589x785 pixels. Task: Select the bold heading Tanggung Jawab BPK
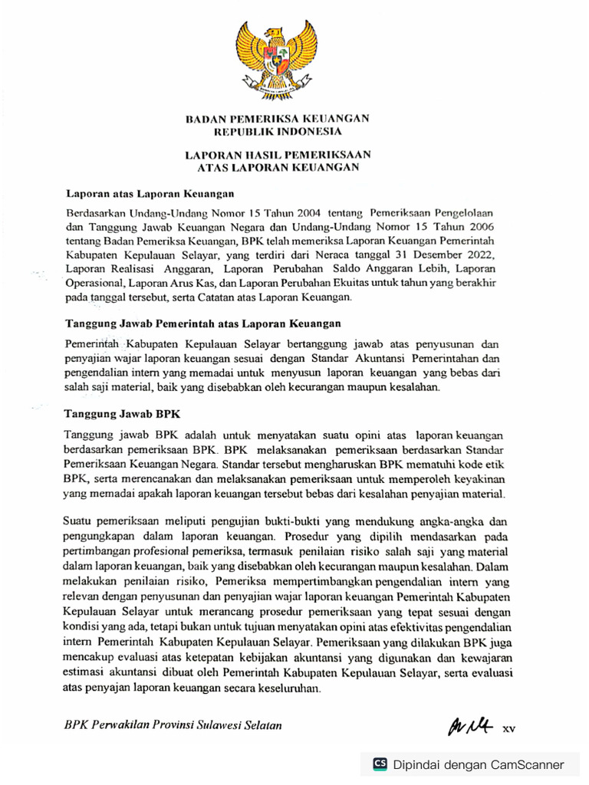tap(122, 413)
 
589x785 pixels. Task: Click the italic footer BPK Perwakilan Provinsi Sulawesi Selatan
tap(173, 725)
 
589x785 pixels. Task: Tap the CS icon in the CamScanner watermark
tap(380, 764)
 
